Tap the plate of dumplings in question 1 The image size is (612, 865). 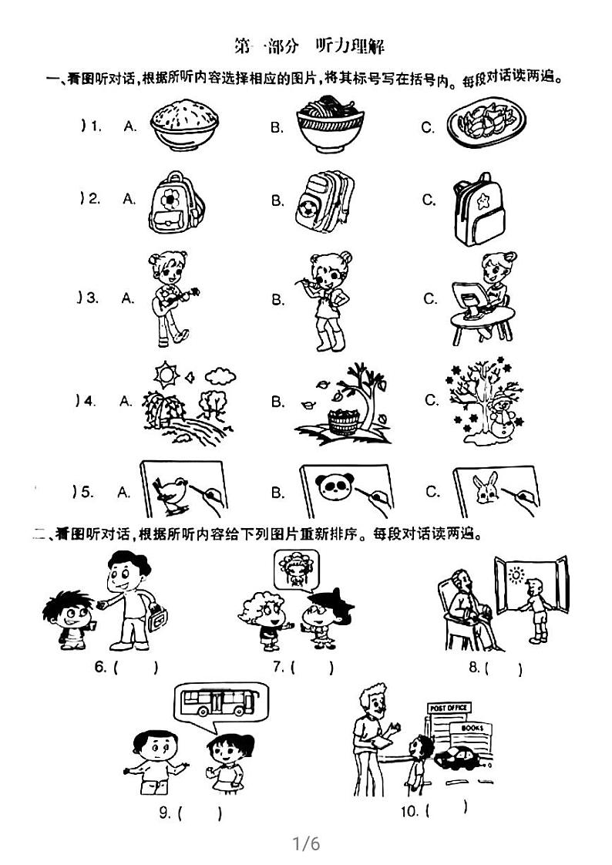pyautogui.click(x=487, y=123)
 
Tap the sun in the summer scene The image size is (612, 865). pyautogui.click(x=164, y=375)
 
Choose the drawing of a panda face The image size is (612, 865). pyautogui.click(x=335, y=488)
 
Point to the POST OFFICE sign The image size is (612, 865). pyautogui.click(x=447, y=708)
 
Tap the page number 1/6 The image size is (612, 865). pyautogui.click(x=306, y=843)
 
